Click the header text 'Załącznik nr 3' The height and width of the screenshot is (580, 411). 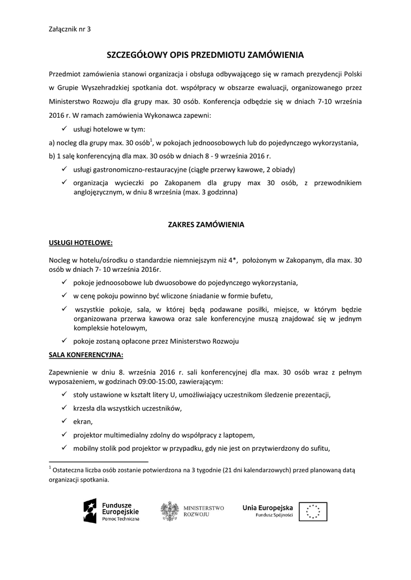[66, 29]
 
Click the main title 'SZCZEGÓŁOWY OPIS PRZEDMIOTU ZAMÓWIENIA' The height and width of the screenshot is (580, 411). [206, 56]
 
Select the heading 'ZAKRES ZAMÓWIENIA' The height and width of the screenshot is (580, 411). [206, 224]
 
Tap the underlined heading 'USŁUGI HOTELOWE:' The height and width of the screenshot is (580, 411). [81, 242]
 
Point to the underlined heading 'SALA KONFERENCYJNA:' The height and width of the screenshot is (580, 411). [86, 355]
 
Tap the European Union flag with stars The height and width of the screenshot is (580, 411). [313, 511]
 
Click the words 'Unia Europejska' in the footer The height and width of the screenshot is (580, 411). [268, 507]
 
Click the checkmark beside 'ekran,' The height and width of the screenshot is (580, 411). [65, 421]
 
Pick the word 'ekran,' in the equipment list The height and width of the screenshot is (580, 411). [83, 422]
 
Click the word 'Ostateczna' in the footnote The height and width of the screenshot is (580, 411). [71, 470]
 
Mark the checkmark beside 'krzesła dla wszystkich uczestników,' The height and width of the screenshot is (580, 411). [65, 408]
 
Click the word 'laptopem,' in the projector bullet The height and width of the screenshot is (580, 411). [241, 436]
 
